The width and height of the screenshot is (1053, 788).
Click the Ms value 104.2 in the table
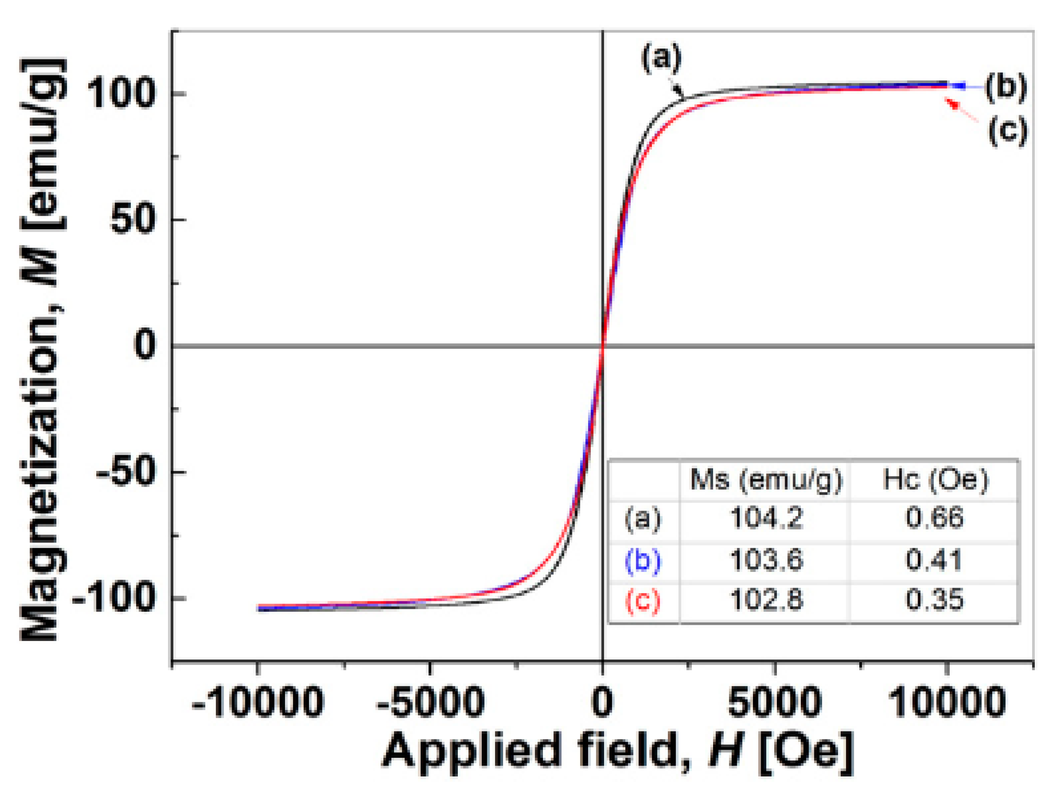point(766,518)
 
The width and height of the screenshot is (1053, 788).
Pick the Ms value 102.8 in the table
point(766,600)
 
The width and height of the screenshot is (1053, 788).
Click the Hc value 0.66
point(934,518)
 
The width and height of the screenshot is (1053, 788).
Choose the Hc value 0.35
point(934,600)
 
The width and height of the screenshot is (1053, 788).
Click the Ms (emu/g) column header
point(766,480)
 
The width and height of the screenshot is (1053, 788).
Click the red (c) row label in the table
point(643,600)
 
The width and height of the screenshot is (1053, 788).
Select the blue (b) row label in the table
point(643,561)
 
